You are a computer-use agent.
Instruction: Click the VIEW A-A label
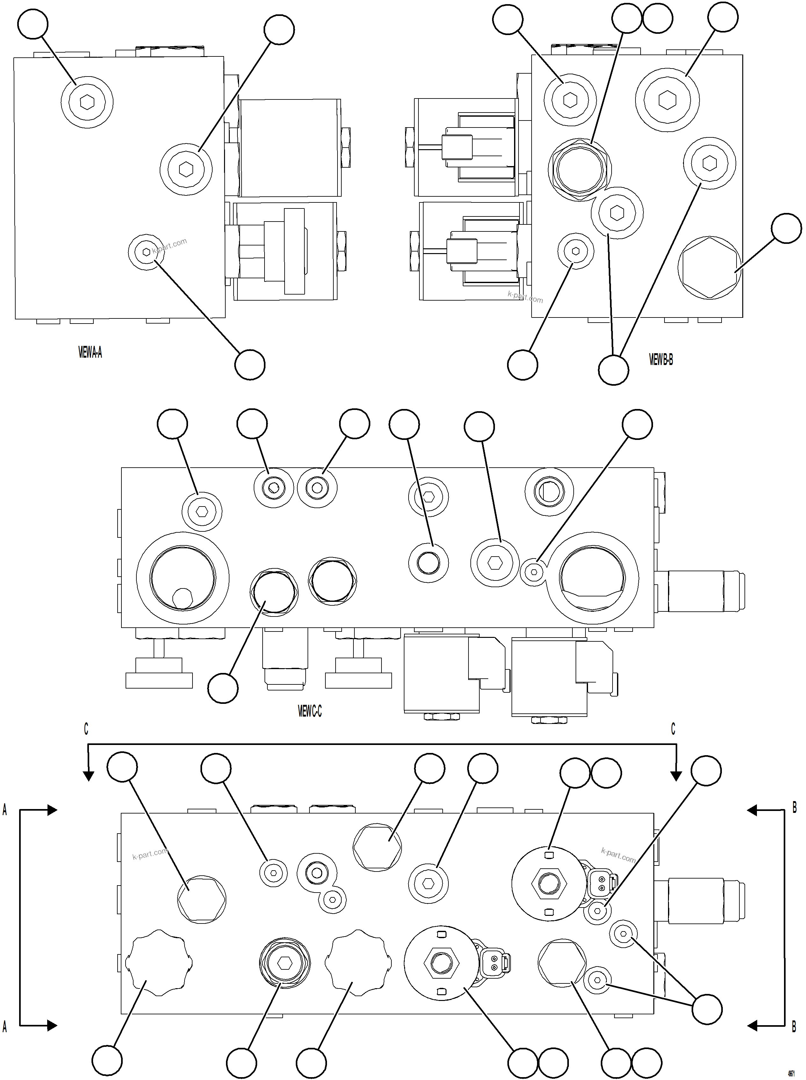[x=90, y=352]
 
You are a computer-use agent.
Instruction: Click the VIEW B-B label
[x=661, y=360]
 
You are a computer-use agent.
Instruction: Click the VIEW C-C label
[x=309, y=711]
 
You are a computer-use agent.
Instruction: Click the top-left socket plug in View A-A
[x=87, y=102]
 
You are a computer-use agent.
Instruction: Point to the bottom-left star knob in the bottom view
[x=159, y=963]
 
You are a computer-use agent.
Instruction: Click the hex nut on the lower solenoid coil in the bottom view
[x=441, y=963]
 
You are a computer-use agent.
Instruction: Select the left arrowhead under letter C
[x=88, y=776]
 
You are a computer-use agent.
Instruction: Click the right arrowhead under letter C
[x=676, y=776]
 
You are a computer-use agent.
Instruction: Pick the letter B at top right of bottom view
[x=794, y=808]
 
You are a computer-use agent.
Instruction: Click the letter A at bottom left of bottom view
[x=5, y=1026]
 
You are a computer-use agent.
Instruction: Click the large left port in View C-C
[x=183, y=578]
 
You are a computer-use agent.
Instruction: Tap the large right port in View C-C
[x=592, y=578]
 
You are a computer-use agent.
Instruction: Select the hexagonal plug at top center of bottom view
[x=377, y=846]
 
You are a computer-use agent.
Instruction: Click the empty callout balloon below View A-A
[x=250, y=365]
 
